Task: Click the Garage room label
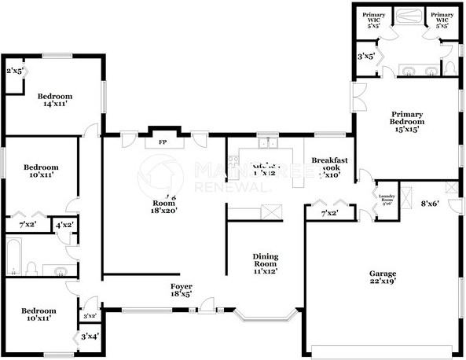(x=383, y=274)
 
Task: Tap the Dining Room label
(x=266, y=257)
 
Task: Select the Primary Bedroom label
(x=407, y=118)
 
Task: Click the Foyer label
(x=182, y=286)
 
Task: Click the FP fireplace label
(x=163, y=143)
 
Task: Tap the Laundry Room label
(x=386, y=198)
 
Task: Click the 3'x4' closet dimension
(x=90, y=337)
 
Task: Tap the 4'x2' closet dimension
(x=65, y=225)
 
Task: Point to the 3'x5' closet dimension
(x=365, y=57)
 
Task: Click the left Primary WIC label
(x=374, y=20)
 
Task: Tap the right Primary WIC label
(x=442, y=20)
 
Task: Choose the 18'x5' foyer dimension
(x=182, y=295)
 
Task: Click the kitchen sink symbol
(x=269, y=144)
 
